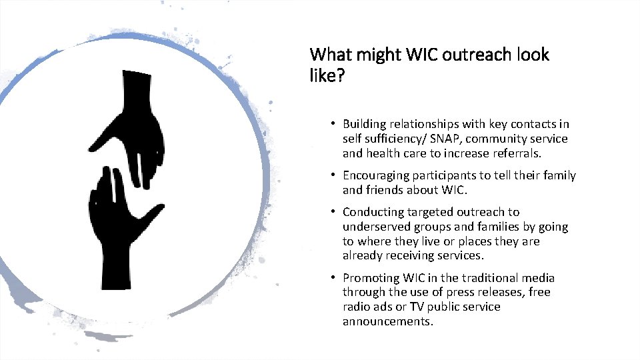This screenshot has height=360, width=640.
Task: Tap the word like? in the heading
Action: click(327, 77)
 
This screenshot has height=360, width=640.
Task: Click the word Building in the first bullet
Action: click(363, 124)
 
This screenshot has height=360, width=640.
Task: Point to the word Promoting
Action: click(371, 278)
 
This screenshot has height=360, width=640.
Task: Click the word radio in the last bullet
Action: click(356, 307)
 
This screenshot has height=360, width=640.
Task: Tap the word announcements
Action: click(387, 321)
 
